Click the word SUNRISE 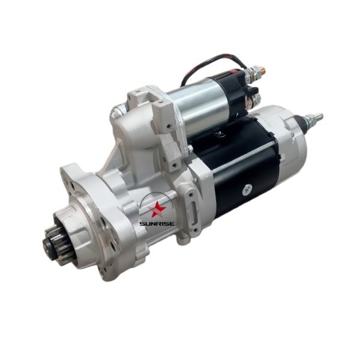click(x=157, y=224)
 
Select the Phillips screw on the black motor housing click(x=247, y=190)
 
